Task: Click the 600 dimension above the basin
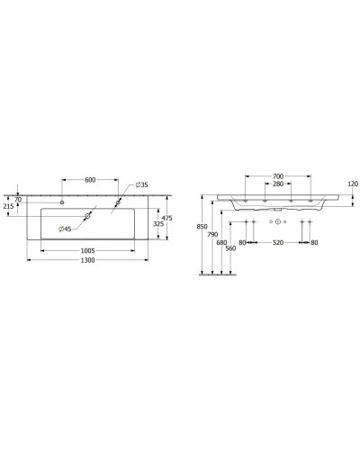point(90,179)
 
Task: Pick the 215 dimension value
point(10,206)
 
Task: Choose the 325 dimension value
point(157,224)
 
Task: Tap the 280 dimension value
point(277,185)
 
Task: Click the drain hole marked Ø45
point(89,216)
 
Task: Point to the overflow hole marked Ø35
point(117,203)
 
